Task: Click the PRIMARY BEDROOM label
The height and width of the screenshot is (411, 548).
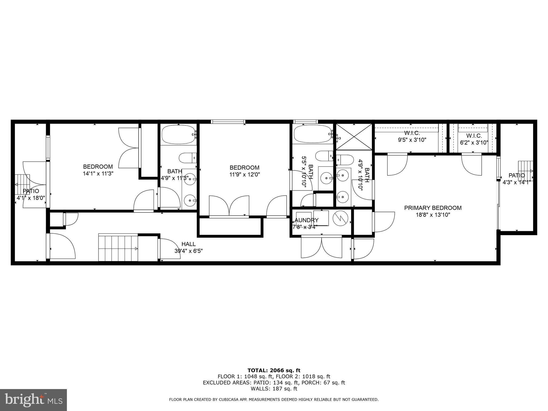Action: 433,208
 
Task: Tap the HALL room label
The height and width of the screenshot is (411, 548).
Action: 188,244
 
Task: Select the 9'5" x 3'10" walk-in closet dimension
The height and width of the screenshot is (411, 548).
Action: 412,140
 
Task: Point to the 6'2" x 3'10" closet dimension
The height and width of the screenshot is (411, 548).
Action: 474,143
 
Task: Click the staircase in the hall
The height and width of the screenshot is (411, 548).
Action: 118,247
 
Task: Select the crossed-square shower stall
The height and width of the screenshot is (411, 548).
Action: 354,137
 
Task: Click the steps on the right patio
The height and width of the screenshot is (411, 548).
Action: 525,171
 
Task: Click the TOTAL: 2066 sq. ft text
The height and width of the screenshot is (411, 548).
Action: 274,370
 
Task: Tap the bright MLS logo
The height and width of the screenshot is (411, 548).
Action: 33,399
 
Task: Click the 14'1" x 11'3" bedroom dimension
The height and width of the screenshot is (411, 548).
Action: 98,173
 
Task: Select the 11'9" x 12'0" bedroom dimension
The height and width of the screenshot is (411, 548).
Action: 245,174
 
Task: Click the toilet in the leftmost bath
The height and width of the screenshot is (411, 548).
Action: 188,158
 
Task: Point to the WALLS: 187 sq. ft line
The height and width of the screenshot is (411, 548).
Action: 274,389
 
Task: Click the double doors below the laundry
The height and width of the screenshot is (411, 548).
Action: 321,248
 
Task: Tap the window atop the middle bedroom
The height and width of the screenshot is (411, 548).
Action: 228,122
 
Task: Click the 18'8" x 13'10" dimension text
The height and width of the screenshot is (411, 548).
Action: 433,214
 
